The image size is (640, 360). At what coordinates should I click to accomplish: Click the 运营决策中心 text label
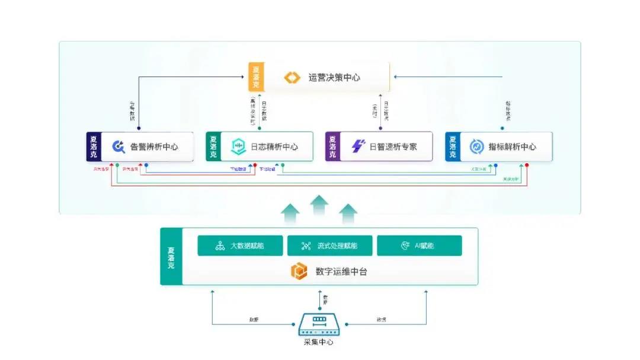[x=334, y=77]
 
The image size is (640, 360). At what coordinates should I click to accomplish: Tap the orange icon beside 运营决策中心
[x=293, y=77]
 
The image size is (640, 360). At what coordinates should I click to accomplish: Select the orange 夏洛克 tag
[x=256, y=77]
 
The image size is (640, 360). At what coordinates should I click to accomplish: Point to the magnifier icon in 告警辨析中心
[x=119, y=146]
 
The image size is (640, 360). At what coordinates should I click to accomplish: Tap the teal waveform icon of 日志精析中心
[x=238, y=146]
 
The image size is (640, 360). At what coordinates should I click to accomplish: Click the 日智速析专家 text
[x=393, y=146]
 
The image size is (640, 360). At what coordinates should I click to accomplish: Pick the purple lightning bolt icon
[x=358, y=146]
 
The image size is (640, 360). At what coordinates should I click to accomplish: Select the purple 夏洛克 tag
[x=332, y=146]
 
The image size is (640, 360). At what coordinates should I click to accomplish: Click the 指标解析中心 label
[x=512, y=146]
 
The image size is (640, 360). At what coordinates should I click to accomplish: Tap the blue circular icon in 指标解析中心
[x=476, y=146]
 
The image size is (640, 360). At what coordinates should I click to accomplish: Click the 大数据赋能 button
[x=240, y=246]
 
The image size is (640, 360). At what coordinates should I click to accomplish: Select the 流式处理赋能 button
[x=329, y=246]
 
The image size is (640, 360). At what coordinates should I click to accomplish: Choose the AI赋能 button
[x=419, y=246]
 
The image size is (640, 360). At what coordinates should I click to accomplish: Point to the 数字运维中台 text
[x=341, y=272]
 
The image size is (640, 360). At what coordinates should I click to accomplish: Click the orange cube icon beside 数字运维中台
[x=299, y=272]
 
